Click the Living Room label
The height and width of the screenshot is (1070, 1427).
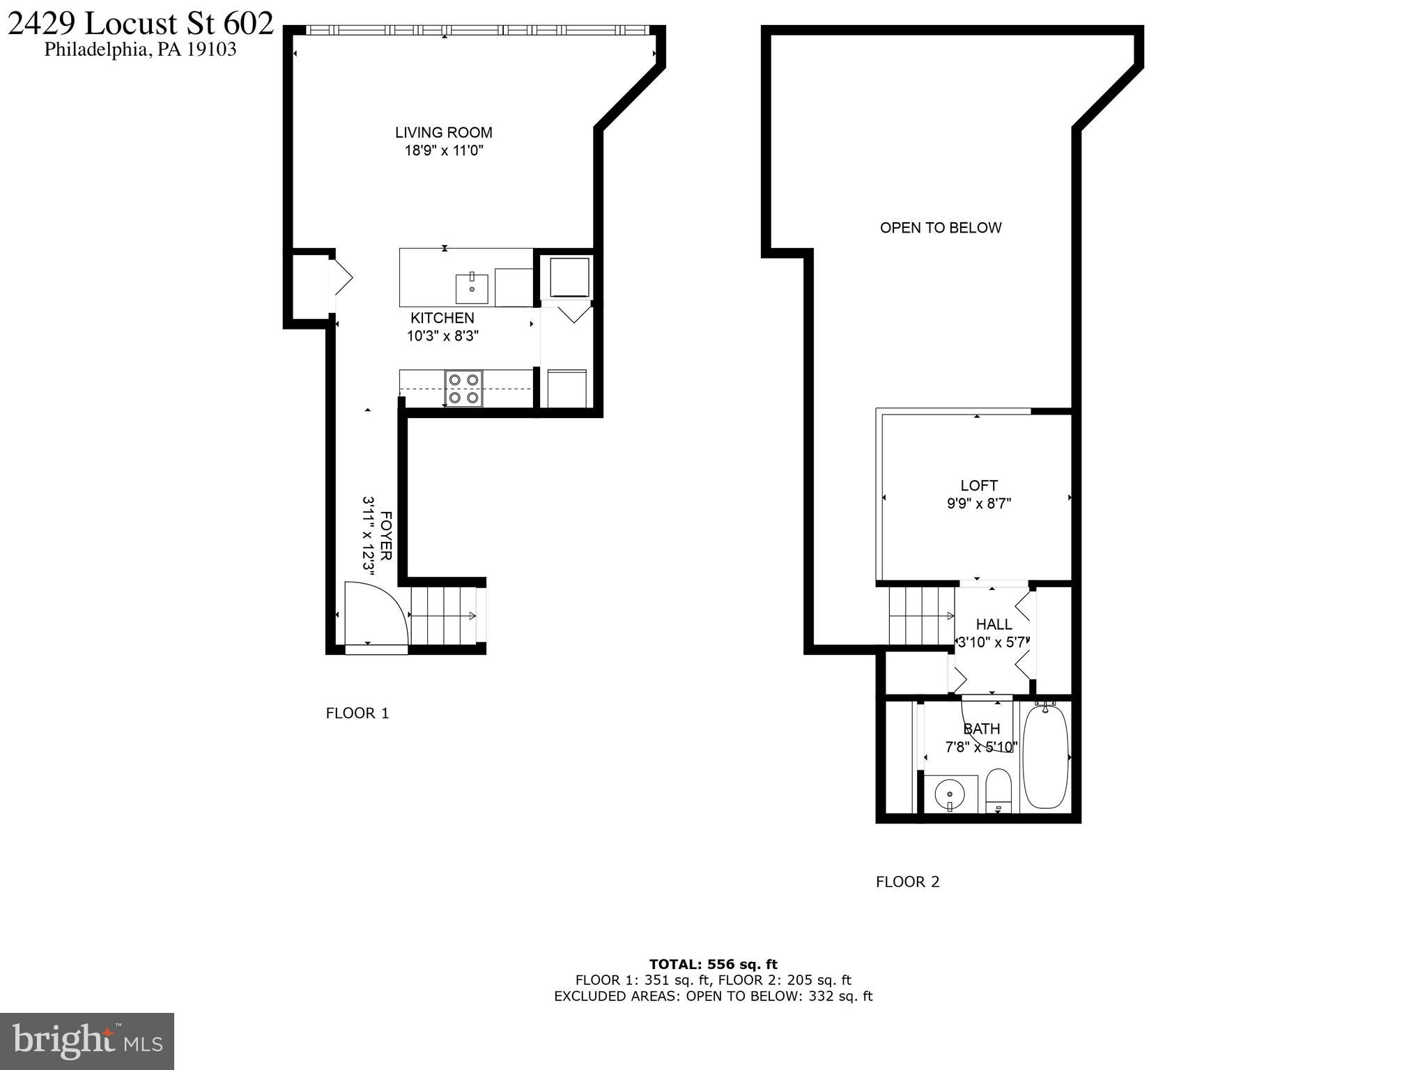point(443,132)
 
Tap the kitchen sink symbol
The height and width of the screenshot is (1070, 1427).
point(472,288)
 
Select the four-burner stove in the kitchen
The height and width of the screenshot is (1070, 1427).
point(463,389)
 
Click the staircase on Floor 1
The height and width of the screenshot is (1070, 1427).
point(442,616)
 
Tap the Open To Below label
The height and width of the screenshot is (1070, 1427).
point(940,228)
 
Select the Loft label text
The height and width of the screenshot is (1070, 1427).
point(978,486)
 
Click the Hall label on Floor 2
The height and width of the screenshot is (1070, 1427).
point(994,624)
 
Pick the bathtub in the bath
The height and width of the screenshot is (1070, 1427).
point(1044,757)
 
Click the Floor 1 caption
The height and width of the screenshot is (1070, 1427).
point(357,713)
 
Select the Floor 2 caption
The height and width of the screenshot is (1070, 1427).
point(907,882)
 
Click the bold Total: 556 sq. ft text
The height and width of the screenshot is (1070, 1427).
point(713,964)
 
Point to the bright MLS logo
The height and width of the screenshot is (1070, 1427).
point(87,1041)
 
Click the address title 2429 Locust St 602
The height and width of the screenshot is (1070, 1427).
point(140,24)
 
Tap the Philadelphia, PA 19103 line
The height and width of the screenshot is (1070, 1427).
point(140,49)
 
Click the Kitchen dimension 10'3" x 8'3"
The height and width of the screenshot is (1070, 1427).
point(442,336)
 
